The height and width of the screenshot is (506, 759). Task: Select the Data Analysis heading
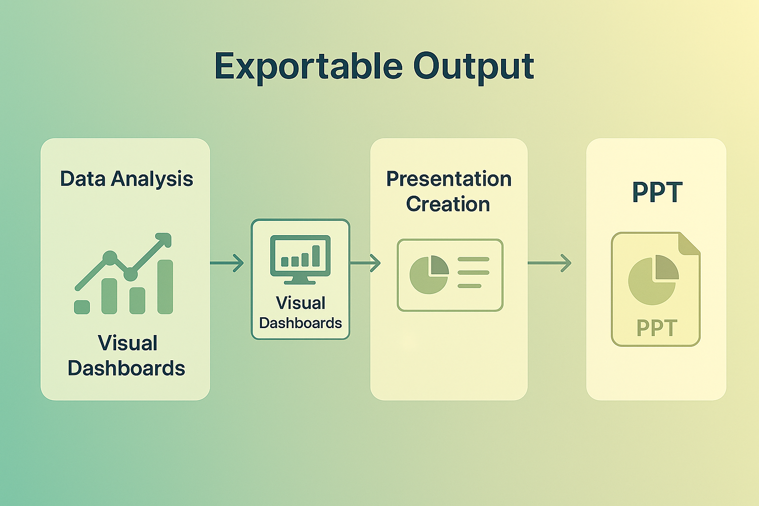pyautogui.click(x=126, y=179)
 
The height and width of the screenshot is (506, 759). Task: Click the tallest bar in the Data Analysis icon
pyautogui.click(x=165, y=287)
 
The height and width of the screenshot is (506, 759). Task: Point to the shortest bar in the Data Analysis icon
pyautogui.click(x=82, y=307)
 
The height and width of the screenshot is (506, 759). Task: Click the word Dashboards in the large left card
pyautogui.click(x=126, y=368)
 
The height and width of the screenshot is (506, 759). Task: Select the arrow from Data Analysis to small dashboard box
pyautogui.click(x=227, y=263)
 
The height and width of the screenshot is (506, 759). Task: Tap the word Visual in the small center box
pyautogui.click(x=300, y=303)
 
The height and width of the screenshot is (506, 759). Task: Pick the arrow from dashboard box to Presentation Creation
pyautogui.click(x=365, y=263)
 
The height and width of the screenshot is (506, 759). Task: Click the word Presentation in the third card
pyautogui.click(x=449, y=179)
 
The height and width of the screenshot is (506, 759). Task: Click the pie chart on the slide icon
pyautogui.click(x=428, y=275)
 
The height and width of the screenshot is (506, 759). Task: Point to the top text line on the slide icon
pyautogui.click(x=473, y=259)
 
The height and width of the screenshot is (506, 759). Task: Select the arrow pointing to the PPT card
pyautogui.click(x=549, y=263)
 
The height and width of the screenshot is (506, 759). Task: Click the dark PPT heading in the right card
pyautogui.click(x=657, y=192)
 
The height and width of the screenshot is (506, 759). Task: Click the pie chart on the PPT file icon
pyautogui.click(x=653, y=280)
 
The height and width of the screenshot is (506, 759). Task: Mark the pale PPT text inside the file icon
pyautogui.click(x=656, y=328)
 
